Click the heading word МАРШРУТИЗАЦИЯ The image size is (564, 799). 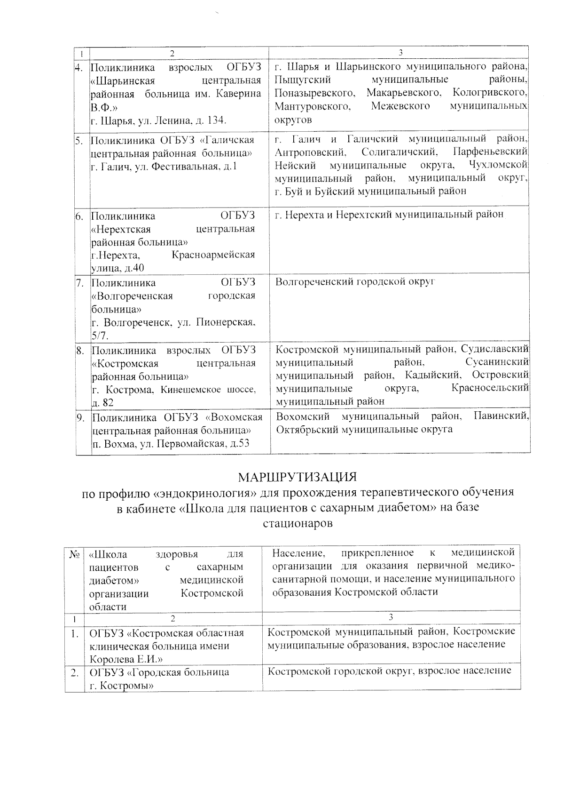(x=297, y=477)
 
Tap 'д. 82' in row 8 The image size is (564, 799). (x=102, y=403)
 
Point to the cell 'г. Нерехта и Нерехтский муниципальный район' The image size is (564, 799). (x=389, y=215)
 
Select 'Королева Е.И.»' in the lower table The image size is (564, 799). (x=125, y=659)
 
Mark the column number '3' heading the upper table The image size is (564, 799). (x=400, y=52)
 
